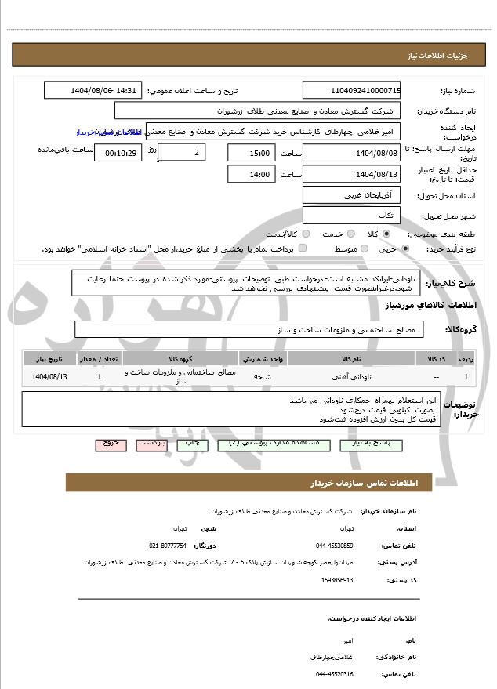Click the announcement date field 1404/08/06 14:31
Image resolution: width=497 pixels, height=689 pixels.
(93, 90)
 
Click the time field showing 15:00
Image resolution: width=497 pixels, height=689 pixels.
(251, 152)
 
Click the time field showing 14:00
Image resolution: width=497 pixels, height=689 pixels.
(251, 174)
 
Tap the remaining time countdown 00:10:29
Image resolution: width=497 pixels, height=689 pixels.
(118, 152)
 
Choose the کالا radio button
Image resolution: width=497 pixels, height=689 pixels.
(386, 234)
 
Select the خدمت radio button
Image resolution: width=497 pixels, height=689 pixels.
(347, 234)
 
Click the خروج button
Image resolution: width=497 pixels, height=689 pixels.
(111, 444)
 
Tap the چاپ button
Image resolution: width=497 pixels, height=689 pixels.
(193, 444)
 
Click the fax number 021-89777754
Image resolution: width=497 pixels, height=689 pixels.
(167, 546)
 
